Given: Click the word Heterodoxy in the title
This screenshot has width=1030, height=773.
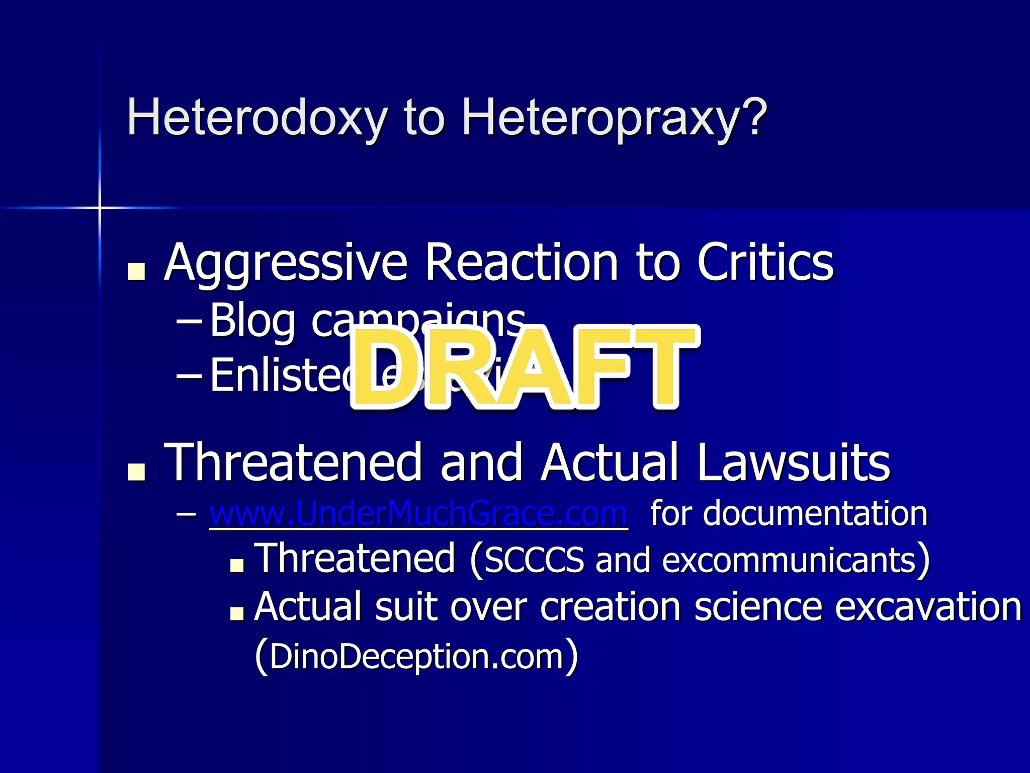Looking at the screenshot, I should point(256,119).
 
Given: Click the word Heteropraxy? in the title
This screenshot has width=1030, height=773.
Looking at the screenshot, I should point(614,119).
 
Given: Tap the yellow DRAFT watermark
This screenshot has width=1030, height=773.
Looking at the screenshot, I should point(523,368).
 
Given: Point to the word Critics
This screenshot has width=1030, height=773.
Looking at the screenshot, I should point(765,263).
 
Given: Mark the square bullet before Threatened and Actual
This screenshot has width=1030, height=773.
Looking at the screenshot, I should point(136,472).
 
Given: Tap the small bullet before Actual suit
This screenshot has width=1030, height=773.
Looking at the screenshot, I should point(236,613).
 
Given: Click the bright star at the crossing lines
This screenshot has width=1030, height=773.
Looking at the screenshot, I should point(100,207).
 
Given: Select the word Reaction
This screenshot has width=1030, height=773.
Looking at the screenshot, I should point(521,263).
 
